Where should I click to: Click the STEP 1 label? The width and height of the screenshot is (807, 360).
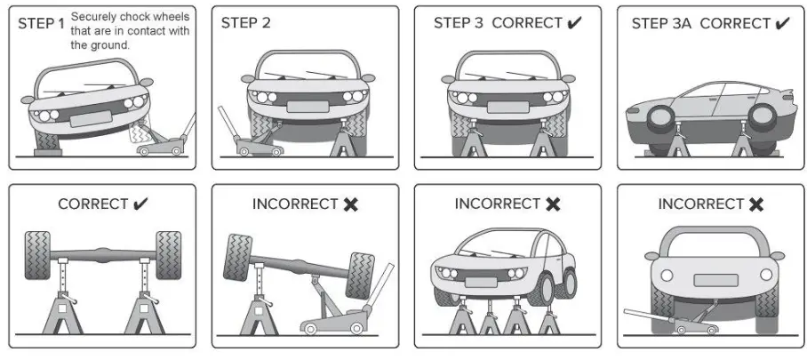coord(41,23)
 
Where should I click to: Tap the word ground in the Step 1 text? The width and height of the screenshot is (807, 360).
coord(108,44)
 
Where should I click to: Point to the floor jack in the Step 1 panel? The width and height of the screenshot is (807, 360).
coord(165,142)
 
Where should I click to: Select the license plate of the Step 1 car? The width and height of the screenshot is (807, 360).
coord(92,116)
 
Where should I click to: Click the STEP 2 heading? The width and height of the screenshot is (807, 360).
coord(245,23)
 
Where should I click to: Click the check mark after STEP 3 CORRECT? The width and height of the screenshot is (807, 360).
coord(574,23)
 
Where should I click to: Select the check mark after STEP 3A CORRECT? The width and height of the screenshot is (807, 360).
coord(781,23)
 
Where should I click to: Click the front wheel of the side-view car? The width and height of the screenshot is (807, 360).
coord(658,121)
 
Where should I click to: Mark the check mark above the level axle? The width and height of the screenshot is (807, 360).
coord(140,204)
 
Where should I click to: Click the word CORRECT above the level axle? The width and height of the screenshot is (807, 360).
coord(92,204)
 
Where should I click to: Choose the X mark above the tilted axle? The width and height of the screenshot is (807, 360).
coord(350,204)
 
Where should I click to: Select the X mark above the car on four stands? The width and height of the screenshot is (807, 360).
coord(553,204)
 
